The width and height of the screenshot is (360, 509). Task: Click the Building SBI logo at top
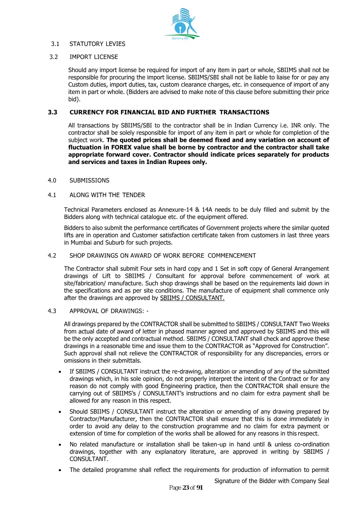coord(181,23)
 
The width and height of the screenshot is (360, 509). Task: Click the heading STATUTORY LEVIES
coord(98,44)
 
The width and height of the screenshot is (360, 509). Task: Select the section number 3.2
coord(54,57)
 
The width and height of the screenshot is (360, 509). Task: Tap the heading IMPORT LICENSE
coord(94,57)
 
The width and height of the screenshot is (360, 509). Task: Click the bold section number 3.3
coord(52,112)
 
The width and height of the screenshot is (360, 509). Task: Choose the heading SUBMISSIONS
coord(89,181)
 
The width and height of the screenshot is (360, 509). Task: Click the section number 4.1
coord(52,195)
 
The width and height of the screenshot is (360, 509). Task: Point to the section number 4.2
coord(52,256)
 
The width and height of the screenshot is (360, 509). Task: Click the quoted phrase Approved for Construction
coord(293,346)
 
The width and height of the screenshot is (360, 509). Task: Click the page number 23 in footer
coord(186,488)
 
